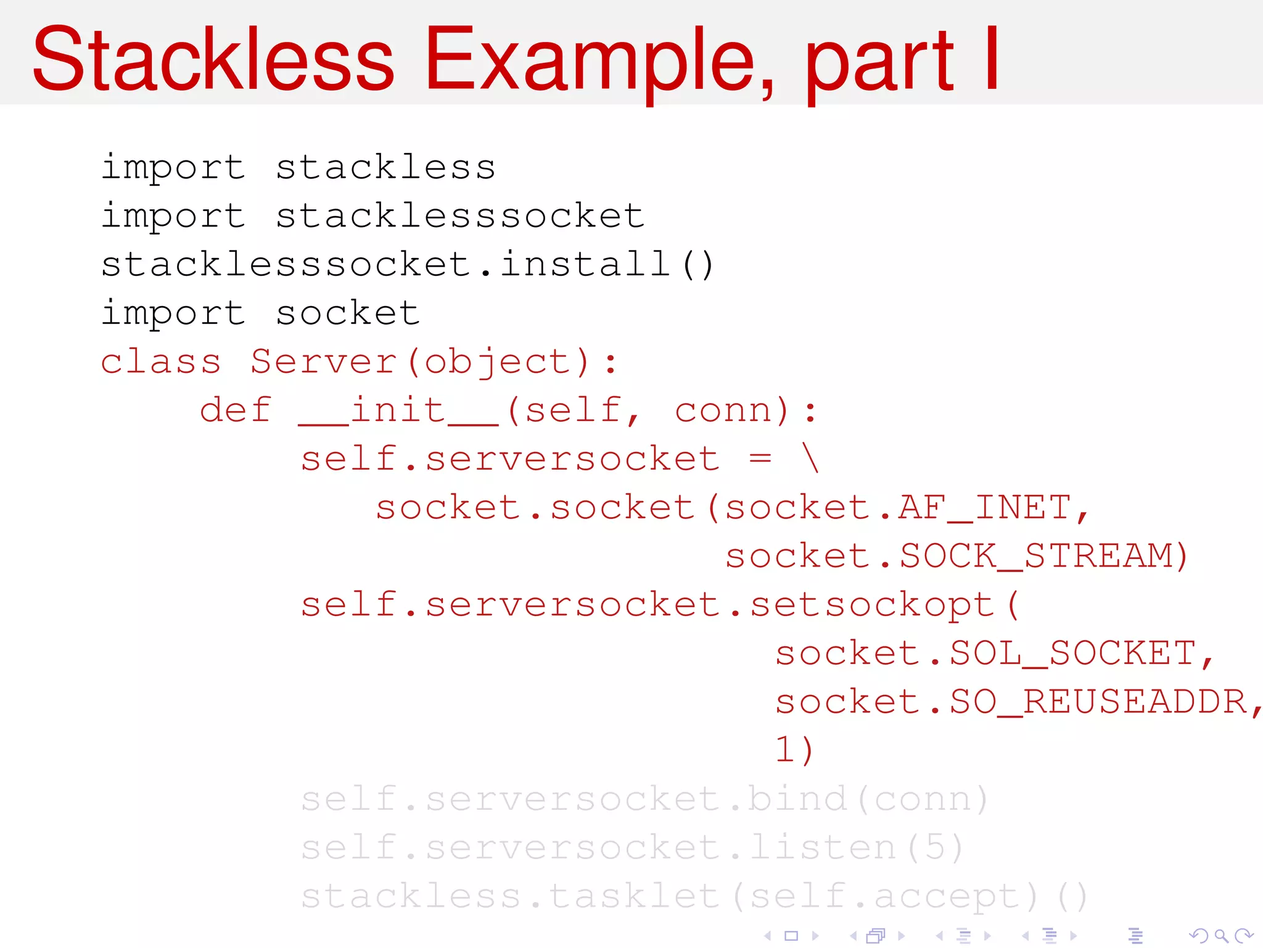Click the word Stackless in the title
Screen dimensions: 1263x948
[x=213, y=60]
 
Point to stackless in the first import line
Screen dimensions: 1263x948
[x=385, y=168]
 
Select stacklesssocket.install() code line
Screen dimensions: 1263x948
[x=407, y=265]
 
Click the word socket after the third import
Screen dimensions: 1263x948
[x=348, y=314]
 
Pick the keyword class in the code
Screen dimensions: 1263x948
[x=161, y=362]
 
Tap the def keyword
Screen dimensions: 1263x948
[x=236, y=410]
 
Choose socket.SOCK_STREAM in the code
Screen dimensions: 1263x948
[x=956, y=556]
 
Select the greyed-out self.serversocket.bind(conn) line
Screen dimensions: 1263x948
[x=644, y=799]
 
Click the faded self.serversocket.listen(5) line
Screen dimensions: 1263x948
[x=632, y=847]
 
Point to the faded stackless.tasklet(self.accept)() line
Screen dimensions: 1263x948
[x=694, y=896]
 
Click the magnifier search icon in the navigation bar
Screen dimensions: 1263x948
[x=1221, y=936]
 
